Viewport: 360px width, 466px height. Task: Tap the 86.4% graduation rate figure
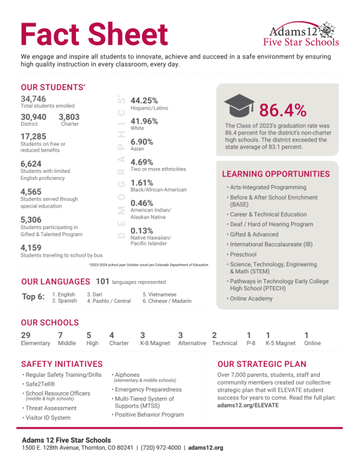pos(283,110)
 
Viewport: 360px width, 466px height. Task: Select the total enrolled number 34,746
pos(34,99)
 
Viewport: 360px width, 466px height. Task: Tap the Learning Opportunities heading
pos(275,174)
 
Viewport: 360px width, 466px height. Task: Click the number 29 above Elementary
pos(26,335)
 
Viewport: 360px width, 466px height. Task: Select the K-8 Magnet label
pos(154,344)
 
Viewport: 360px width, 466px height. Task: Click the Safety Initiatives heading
pos(62,364)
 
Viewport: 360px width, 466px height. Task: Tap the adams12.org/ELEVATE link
pos(248,406)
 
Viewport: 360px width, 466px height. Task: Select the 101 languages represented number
pos(103,281)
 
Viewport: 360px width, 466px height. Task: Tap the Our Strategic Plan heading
pos(262,364)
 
